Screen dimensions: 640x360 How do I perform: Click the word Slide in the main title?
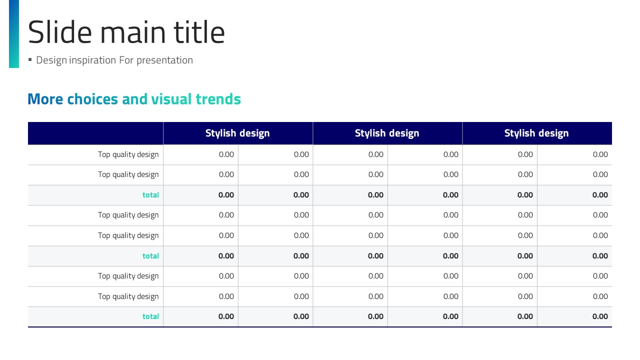click(59, 32)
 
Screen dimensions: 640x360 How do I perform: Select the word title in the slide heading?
click(199, 32)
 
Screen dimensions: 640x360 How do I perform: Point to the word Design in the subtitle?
click(51, 60)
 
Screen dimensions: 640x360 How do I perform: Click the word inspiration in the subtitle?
click(92, 60)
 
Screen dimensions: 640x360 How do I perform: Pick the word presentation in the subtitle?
click(164, 60)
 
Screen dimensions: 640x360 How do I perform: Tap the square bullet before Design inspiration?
click(30, 59)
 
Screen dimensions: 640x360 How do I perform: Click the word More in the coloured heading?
click(45, 99)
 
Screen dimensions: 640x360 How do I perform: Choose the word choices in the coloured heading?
click(92, 99)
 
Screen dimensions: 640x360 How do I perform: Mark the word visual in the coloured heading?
click(171, 99)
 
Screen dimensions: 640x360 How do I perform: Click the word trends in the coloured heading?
click(218, 99)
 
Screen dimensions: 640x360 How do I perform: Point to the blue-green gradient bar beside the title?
click(14, 33)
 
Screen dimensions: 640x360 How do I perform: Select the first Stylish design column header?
click(237, 133)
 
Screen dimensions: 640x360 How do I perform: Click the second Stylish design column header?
click(387, 133)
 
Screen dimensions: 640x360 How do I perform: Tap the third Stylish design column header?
click(536, 133)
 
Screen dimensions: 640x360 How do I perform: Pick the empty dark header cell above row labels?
click(95, 133)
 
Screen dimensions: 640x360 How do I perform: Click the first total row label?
click(150, 195)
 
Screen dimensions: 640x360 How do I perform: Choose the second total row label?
click(150, 256)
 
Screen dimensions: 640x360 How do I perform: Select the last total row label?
click(150, 316)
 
